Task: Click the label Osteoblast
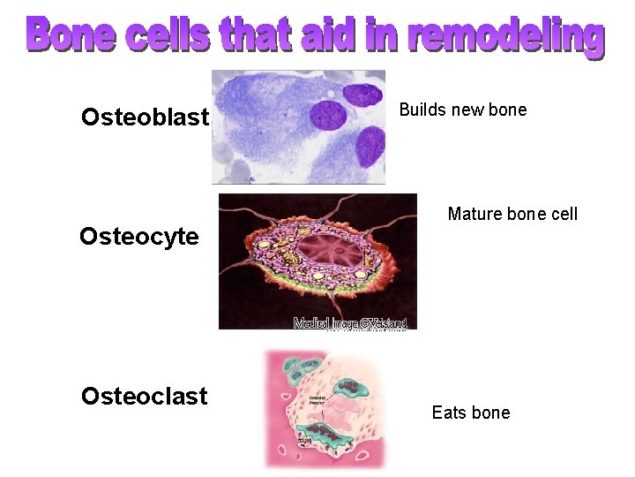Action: pyautogui.click(x=145, y=117)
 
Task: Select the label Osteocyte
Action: pyautogui.click(x=138, y=237)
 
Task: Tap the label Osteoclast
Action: pyautogui.click(x=144, y=396)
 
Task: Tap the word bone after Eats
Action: pyautogui.click(x=491, y=413)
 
